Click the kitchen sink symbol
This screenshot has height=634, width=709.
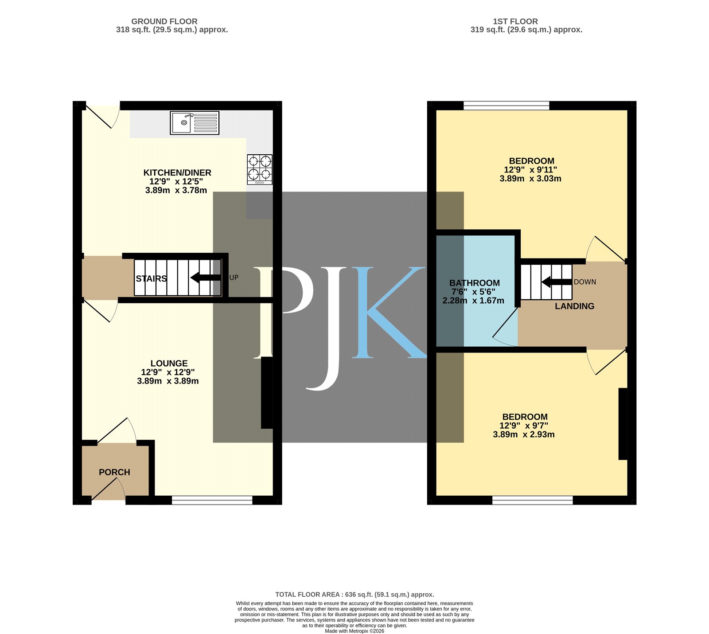point(195,123)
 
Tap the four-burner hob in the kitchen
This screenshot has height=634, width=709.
point(260,169)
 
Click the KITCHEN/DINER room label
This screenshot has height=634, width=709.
point(177,172)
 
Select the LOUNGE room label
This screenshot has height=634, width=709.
point(169,363)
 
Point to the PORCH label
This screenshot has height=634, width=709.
point(114,472)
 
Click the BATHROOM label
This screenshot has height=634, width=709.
point(475,283)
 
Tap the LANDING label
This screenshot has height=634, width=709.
point(575,306)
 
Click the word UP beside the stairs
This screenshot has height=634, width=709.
point(234,278)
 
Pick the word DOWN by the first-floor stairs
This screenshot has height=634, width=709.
point(585,282)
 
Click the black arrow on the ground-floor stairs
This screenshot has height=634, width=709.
point(206,278)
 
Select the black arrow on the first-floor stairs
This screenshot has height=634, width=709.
point(557,282)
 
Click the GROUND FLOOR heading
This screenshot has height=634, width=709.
point(164,21)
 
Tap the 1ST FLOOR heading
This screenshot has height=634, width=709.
point(515,21)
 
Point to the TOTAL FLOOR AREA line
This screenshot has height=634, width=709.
point(354,595)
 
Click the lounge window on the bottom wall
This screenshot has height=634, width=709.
point(212,500)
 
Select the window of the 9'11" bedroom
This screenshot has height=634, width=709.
point(506,106)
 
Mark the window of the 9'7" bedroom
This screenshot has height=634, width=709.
point(533,500)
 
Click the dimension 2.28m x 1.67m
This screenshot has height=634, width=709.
point(473,301)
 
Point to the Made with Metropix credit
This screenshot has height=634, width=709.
point(354,631)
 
